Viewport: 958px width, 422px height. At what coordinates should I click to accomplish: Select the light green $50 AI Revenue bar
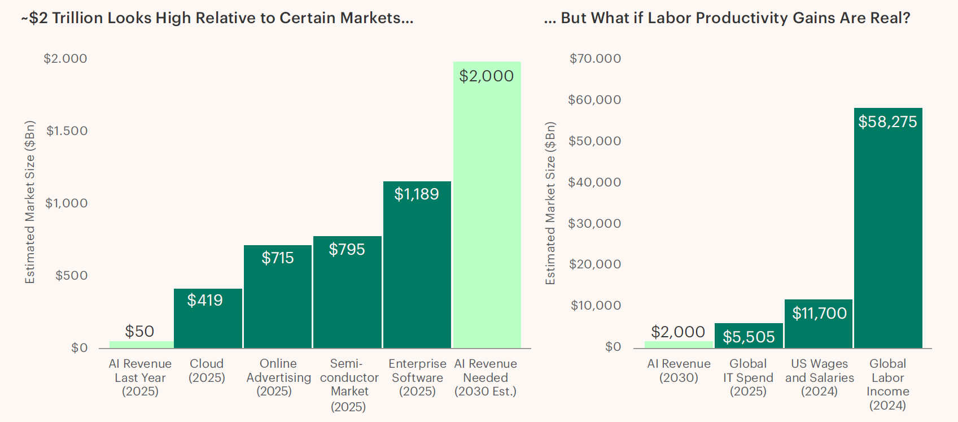tap(141, 344)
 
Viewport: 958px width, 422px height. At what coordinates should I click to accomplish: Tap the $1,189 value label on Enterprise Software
tap(417, 194)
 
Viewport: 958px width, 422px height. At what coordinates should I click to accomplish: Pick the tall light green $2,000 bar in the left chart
tap(487, 215)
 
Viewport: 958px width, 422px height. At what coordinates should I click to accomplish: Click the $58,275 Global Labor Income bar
tap(888, 237)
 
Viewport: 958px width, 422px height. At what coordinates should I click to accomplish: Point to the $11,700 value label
tap(819, 313)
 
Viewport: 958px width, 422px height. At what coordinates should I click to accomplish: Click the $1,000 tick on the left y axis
tap(67, 203)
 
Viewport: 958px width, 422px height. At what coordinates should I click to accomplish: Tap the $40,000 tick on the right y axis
tap(594, 182)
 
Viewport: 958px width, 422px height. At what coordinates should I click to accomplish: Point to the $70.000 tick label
tap(595, 59)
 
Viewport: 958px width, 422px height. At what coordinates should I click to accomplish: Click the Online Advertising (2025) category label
tap(278, 377)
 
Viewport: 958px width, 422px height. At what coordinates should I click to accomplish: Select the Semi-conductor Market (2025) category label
tap(348, 385)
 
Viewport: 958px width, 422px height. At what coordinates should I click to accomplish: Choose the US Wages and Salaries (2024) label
tap(819, 377)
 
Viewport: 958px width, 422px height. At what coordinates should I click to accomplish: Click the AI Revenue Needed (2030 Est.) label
tap(485, 377)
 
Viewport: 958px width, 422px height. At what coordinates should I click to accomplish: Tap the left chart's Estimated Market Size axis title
tap(30, 202)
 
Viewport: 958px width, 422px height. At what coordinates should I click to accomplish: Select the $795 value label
tap(347, 249)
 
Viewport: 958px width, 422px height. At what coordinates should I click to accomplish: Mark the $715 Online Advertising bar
tap(278, 305)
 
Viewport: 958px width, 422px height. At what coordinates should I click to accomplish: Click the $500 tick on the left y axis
tap(72, 276)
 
